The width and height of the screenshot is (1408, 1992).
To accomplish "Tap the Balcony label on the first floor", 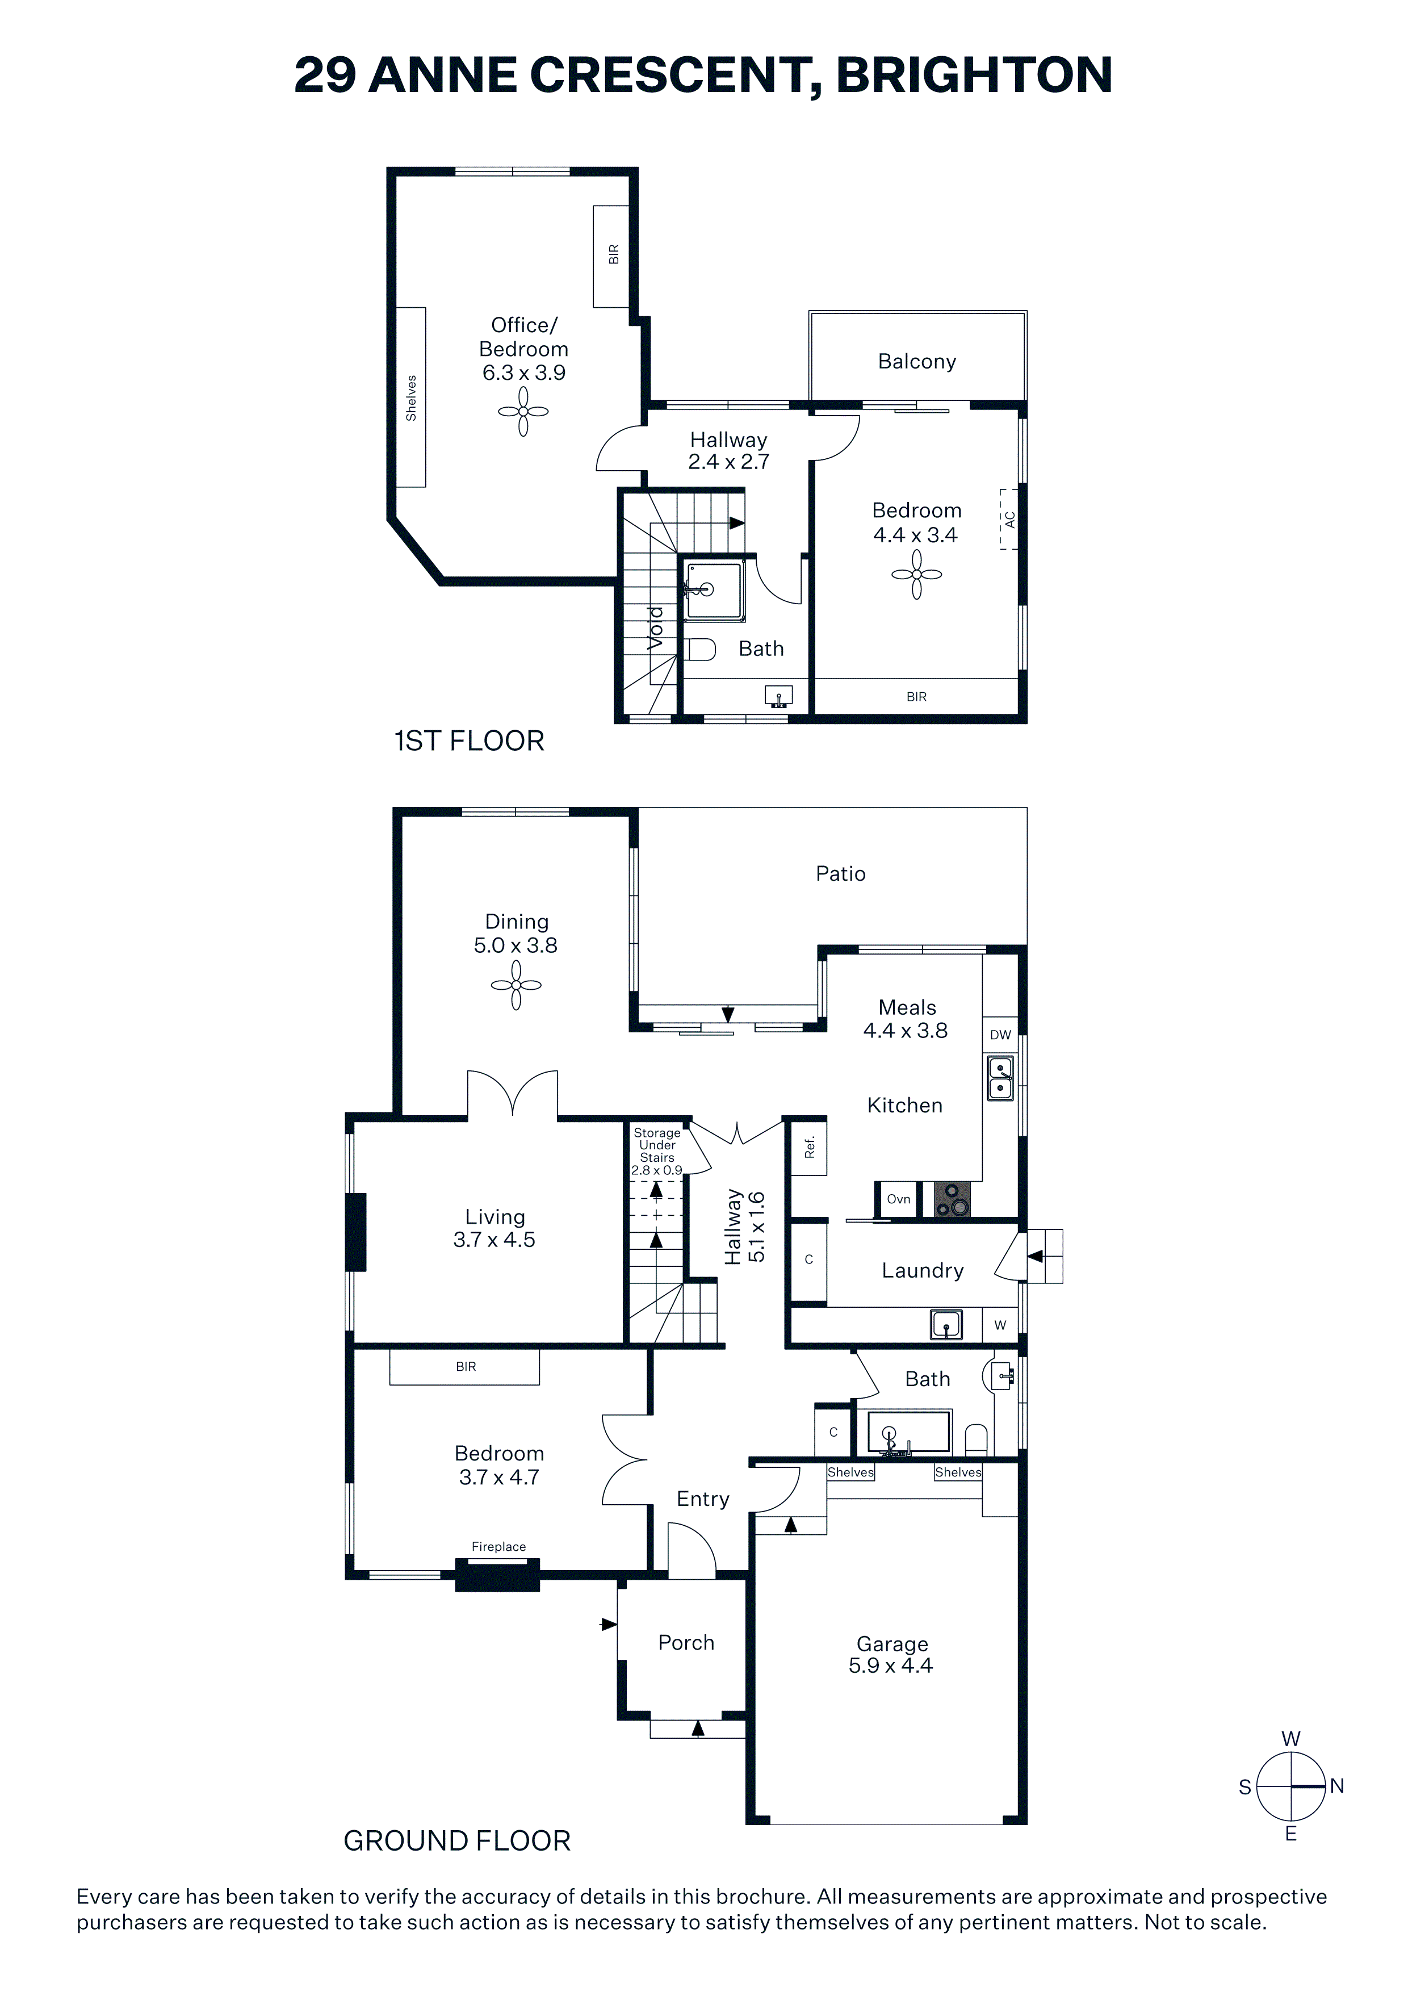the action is click(917, 362).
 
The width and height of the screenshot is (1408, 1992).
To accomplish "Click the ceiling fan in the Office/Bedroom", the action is click(523, 411).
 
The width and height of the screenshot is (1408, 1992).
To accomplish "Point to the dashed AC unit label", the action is click(1009, 519).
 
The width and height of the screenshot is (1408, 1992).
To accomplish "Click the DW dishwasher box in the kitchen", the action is click(1000, 1034).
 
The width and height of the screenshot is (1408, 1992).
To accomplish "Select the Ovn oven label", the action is click(899, 1199).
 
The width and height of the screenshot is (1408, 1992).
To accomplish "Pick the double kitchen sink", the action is click(1000, 1078).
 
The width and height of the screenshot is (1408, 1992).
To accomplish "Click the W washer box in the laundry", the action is click(1000, 1325).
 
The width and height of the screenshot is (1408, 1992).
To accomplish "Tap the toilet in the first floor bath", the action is click(700, 649).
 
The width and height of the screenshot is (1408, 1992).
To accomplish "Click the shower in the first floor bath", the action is click(714, 590).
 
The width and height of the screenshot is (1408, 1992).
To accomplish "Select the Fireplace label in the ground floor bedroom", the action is click(499, 1546).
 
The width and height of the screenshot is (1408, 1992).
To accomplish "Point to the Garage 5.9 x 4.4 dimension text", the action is click(891, 1655).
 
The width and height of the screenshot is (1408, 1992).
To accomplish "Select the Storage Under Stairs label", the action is click(657, 1150).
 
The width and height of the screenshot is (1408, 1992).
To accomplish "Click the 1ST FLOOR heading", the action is click(470, 741).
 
